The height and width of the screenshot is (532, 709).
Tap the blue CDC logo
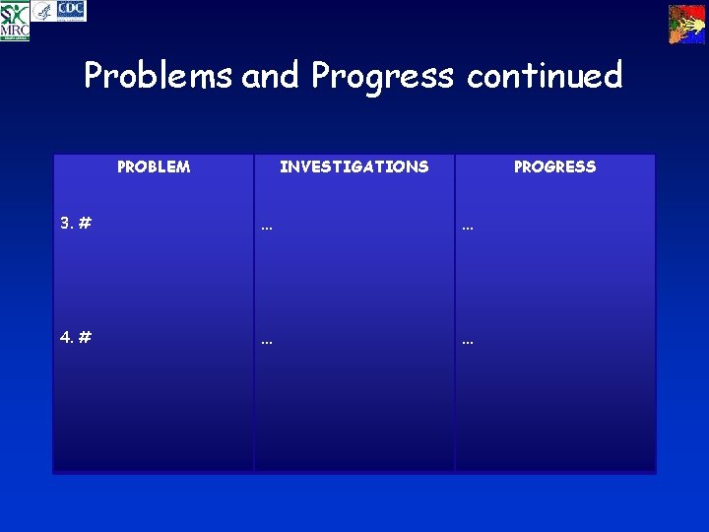tap(71, 11)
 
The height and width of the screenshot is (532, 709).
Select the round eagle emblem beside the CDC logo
tap(42, 12)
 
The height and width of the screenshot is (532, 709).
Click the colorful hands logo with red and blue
tap(686, 24)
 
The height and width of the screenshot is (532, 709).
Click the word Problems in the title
tap(158, 76)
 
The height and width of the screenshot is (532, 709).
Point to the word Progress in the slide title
tap(383, 76)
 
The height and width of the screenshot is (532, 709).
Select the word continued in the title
tap(545, 76)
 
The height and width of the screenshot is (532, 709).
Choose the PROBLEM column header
tap(154, 166)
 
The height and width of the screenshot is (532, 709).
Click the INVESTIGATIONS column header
tap(354, 166)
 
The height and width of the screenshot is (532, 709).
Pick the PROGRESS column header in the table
tap(554, 166)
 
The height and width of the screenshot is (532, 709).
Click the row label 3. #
tap(76, 224)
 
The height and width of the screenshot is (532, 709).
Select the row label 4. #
tap(76, 337)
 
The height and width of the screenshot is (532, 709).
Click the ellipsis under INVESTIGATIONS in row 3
tap(267, 227)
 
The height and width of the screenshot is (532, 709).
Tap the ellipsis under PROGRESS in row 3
tap(468, 227)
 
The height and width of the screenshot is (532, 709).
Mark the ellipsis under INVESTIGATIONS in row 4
tap(267, 341)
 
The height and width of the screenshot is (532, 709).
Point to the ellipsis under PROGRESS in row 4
tap(468, 341)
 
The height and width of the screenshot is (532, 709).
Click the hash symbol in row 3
tap(86, 224)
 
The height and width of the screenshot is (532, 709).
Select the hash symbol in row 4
tap(86, 337)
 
